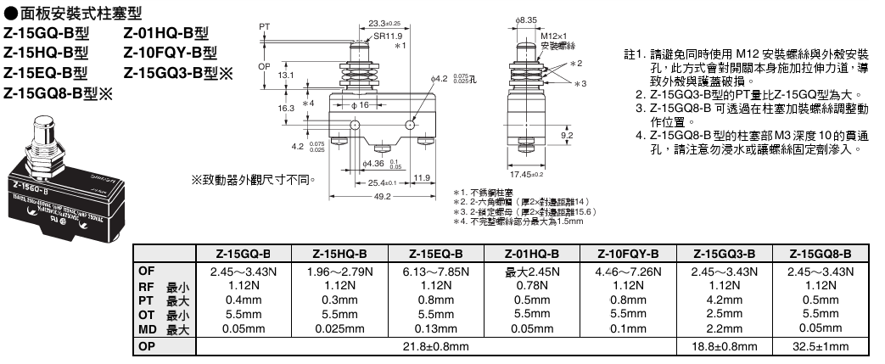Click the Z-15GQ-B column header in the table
tap(243, 254)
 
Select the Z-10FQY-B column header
tap(628, 254)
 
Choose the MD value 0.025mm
tap(339, 328)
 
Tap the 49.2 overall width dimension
tap(382, 198)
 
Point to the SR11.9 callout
tap(389, 37)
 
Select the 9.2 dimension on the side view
tap(568, 134)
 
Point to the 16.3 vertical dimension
tap(287, 109)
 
